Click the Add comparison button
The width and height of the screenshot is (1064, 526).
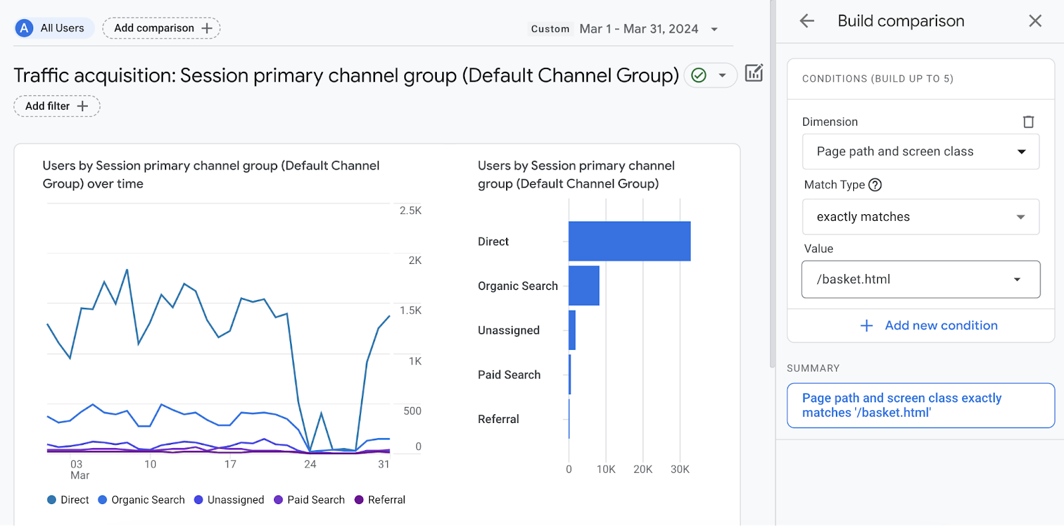pyautogui.click(x=162, y=28)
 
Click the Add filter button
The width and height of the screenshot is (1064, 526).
pyautogui.click(x=57, y=106)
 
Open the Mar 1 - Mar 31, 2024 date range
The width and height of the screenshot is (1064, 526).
pyautogui.click(x=638, y=29)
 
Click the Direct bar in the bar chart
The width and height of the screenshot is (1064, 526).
pyautogui.click(x=629, y=241)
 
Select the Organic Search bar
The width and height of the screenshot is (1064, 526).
pyautogui.click(x=584, y=286)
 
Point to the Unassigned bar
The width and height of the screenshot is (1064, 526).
pyautogui.click(x=572, y=330)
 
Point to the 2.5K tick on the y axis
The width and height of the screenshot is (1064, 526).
pyautogui.click(x=410, y=211)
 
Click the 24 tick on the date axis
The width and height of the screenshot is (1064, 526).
pyautogui.click(x=310, y=464)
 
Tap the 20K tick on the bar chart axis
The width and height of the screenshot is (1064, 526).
pyautogui.click(x=642, y=469)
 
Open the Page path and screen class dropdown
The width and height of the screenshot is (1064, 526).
pyautogui.click(x=920, y=152)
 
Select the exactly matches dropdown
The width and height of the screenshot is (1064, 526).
pyautogui.click(x=920, y=217)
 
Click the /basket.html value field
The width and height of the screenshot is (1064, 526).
pyautogui.click(x=920, y=279)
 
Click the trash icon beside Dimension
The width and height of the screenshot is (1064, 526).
pyautogui.click(x=1028, y=122)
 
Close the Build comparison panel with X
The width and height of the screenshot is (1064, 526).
pyautogui.click(x=1035, y=21)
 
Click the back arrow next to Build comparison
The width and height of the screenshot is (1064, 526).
pyautogui.click(x=807, y=21)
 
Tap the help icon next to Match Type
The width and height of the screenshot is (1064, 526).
pyautogui.click(x=875, y=185)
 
